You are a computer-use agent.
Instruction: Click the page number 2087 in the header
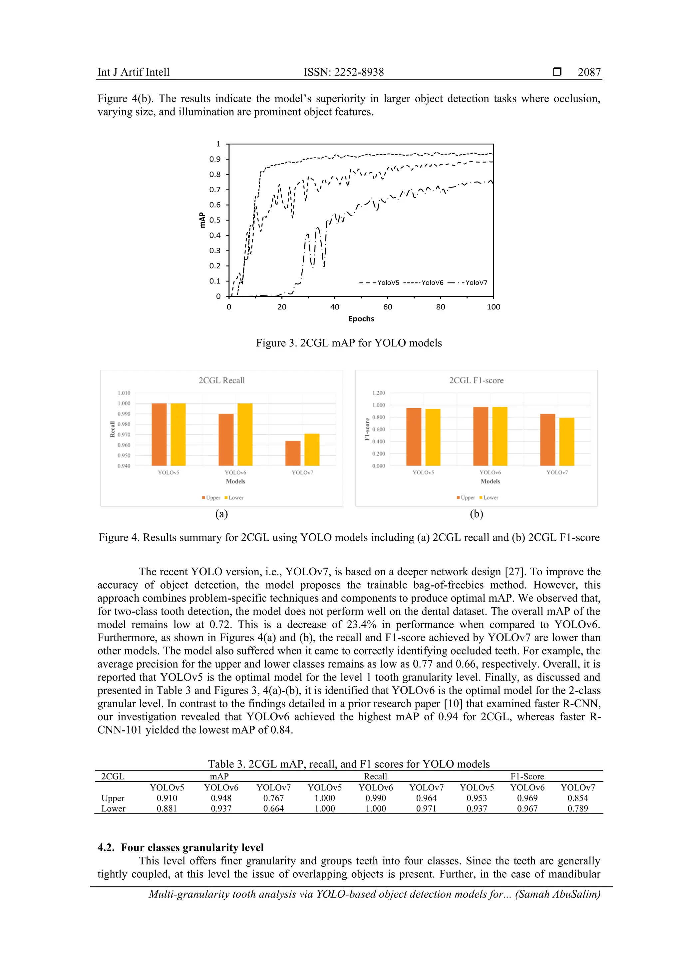589,72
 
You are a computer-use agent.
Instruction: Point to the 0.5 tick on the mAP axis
215,220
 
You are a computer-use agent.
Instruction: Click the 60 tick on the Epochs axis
387,307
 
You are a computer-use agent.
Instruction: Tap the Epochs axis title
361,318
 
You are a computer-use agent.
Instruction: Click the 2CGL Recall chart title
221,380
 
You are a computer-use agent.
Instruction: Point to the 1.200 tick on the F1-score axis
378,393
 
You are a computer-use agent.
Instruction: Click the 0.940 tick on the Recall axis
124,466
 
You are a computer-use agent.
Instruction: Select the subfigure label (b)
476,514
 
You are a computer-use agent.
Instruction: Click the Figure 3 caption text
349,343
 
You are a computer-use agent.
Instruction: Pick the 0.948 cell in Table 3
221,798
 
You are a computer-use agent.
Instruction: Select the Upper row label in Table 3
113,798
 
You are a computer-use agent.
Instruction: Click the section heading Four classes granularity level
181,847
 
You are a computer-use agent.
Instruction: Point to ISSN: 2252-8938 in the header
344,72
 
